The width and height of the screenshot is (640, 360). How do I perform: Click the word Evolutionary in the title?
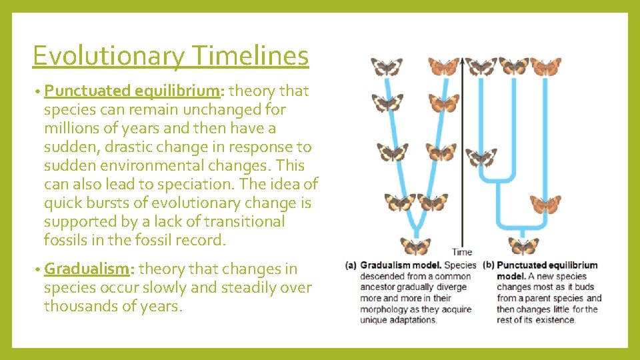point(107,56)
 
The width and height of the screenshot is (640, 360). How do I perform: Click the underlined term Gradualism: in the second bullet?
point(90,269)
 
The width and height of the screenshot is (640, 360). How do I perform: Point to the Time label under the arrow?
point(461,252)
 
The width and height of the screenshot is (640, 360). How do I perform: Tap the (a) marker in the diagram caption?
point(351,265)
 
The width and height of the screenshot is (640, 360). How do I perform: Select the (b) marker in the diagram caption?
point(487,265)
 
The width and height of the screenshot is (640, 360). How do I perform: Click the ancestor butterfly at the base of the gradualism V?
point(415,245)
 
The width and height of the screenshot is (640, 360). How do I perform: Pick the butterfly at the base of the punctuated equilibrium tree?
point(523,245)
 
